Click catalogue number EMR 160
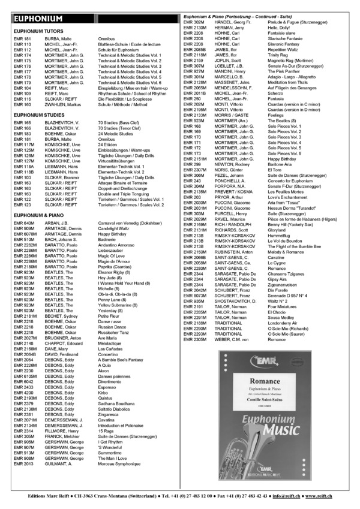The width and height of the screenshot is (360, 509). [x=23, y=104]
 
